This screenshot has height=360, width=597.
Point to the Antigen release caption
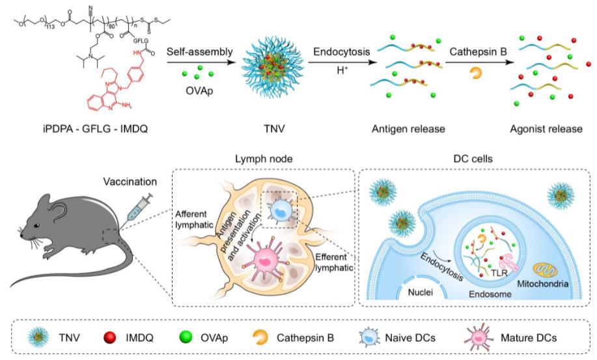tap(408, 129)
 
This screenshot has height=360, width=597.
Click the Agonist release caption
tap(546, 129)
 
